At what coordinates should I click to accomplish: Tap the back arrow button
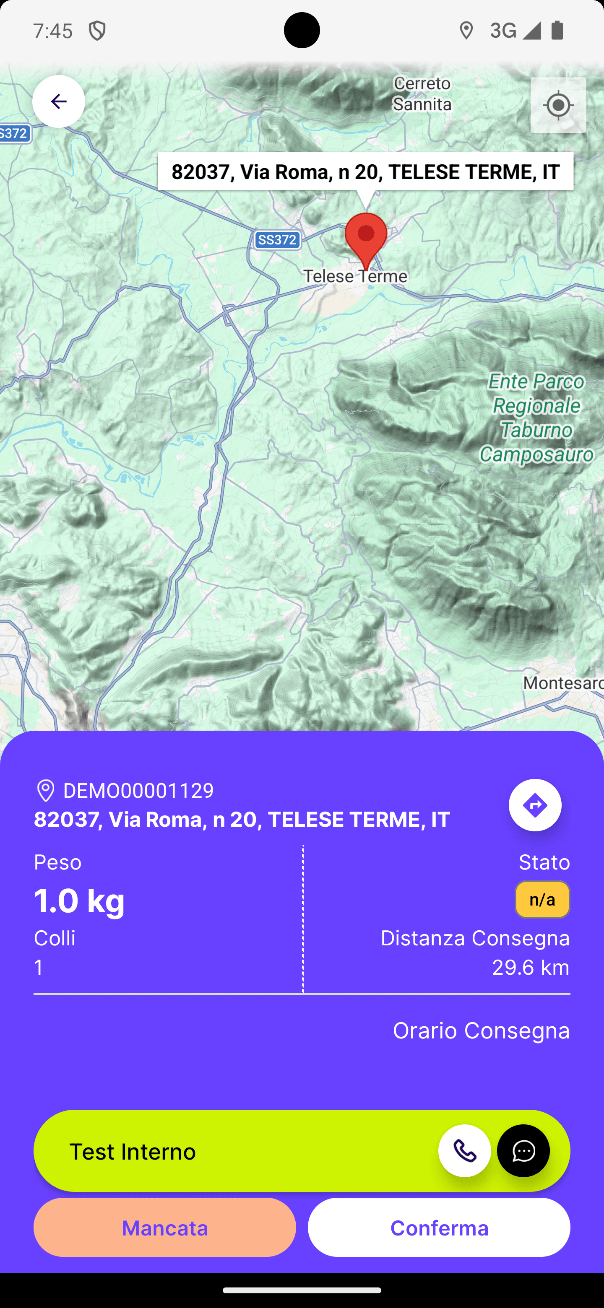coord(58,101)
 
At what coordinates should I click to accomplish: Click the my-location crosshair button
coord(558,106)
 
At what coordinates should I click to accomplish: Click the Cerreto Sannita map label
coord(422,94)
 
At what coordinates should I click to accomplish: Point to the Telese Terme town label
coord(355,276)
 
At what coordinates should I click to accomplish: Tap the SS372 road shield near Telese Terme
coord(277,240)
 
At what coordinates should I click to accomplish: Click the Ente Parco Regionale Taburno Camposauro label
coord(536,418)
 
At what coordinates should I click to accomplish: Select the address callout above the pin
coord(365,171)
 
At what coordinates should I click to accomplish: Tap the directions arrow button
coord(535,805)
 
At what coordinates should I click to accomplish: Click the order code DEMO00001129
coord(138,791)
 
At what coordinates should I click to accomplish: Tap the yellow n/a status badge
coord(542,899)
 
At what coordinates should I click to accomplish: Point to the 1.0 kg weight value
coord(79,900)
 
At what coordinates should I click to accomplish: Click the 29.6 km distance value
coord(530,967)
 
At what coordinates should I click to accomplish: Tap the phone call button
coord(464,1151)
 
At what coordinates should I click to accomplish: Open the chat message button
coord(523,1151)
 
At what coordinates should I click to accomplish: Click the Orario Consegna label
coord(481,1030)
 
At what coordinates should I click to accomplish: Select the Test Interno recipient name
coord(133,1151)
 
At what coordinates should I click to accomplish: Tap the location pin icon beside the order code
coord(46,791)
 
